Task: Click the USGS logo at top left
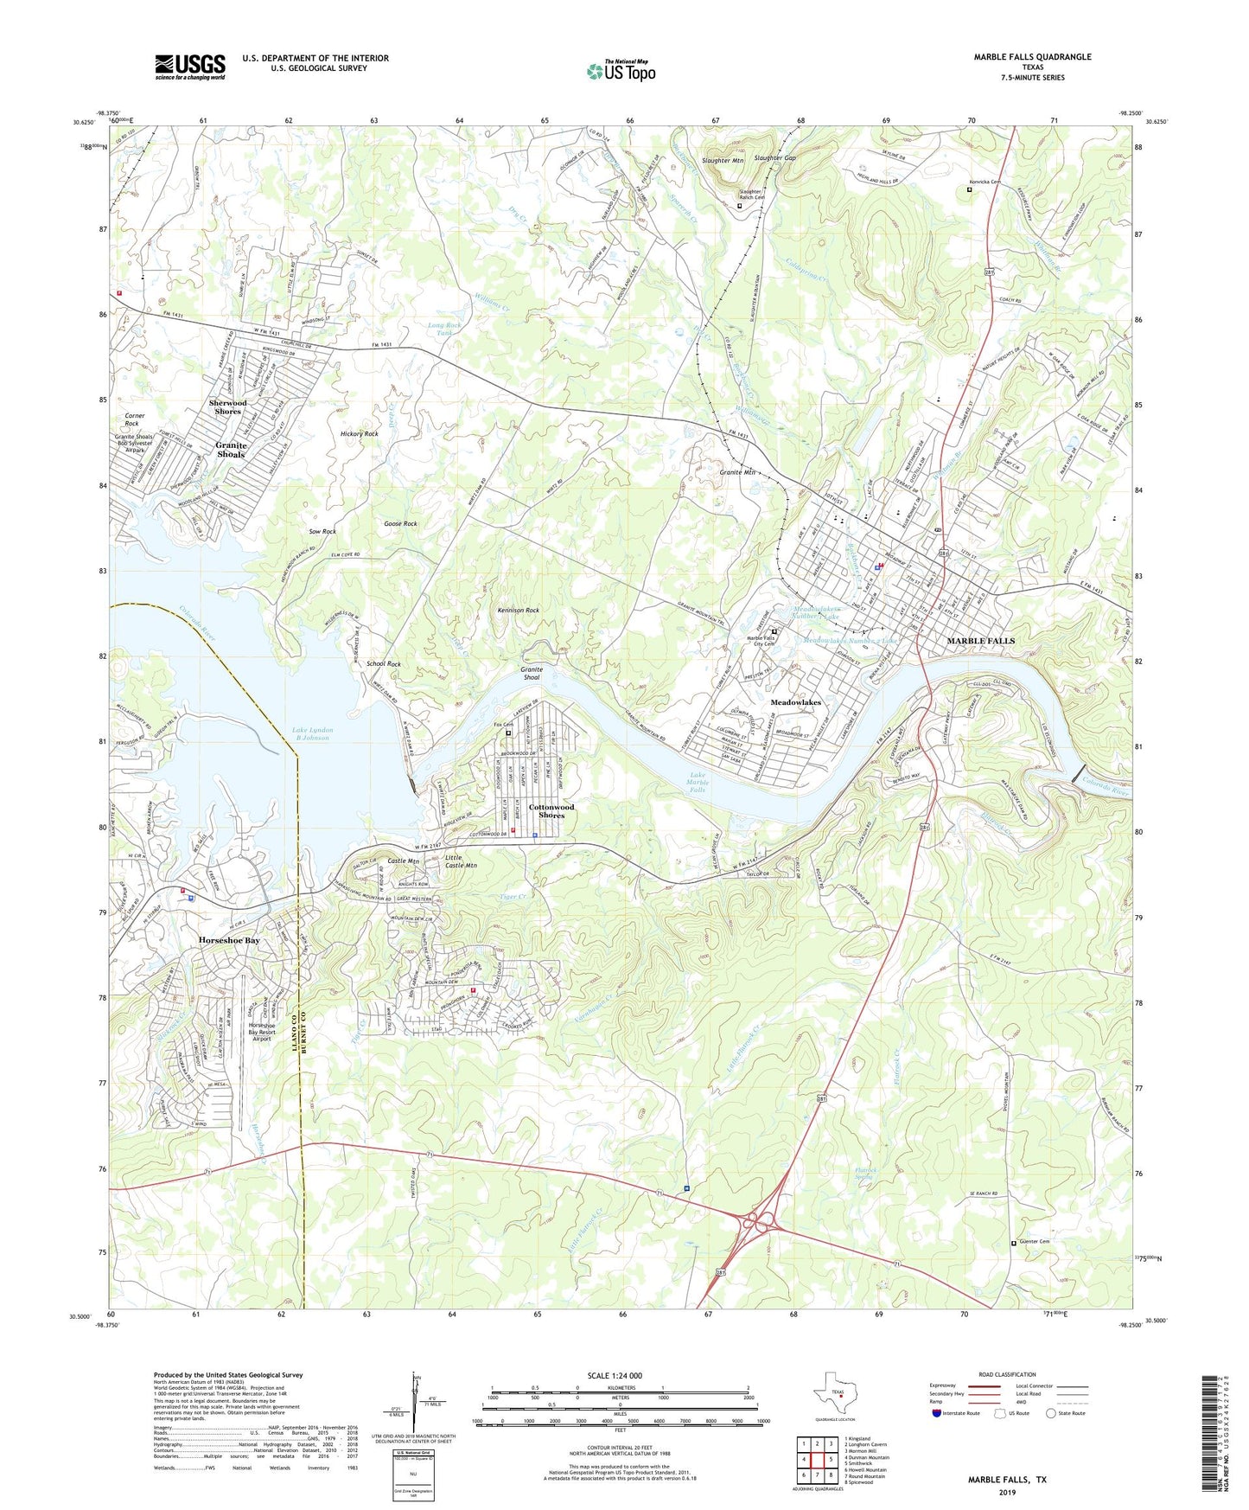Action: click(x=190, y=67)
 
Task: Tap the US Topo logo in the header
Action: click(x=621, y=71)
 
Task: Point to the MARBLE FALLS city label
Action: click(x=981, y=641)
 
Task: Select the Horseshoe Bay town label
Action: click(x=229, y=940)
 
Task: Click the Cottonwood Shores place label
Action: click(x=551, y=811)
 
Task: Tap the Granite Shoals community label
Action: click(x=231, y=449)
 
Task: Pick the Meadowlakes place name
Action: click(x=795, y=703)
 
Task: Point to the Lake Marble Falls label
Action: click(x=698, y=782)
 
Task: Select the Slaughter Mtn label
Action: click(x=723, y=161)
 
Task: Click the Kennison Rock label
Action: click(x=519, y=611)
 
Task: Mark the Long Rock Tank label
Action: click(x=445, y=329)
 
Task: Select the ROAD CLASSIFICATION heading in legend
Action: click(x=1006, y=1374)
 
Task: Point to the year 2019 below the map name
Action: click(x=1007, y=1493)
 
